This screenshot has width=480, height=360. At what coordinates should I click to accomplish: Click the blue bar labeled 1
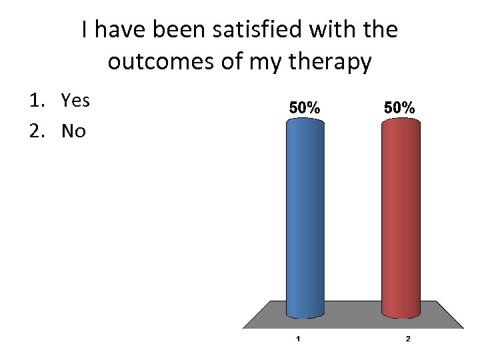[305, 220]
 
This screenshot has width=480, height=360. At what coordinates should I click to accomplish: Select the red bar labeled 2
[401, 220]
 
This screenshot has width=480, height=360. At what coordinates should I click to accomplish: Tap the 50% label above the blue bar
[305, 107]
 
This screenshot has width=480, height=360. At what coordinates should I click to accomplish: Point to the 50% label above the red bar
[400, 107]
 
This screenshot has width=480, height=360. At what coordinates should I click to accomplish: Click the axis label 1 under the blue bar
[297, 339]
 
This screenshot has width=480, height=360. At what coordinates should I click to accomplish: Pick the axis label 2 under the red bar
[408, 339]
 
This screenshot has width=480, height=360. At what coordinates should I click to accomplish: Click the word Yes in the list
[75, 101]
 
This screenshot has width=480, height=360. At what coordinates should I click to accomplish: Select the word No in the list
[73, 131]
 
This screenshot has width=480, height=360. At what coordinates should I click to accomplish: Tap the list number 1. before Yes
[36, 101]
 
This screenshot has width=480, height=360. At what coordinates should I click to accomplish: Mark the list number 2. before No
[37, 131]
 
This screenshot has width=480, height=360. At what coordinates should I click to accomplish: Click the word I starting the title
[85, 31]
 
